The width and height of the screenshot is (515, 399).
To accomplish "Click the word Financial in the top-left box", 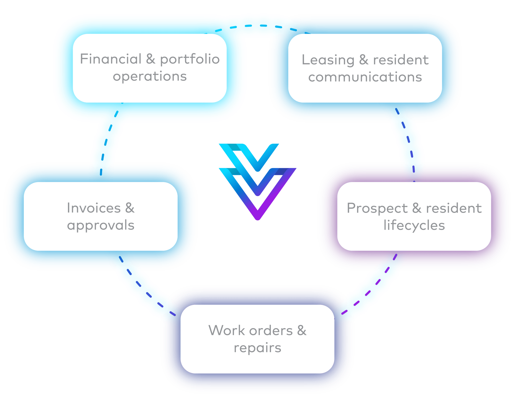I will click(111, 59).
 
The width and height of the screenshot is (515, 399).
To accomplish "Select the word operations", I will click(150, 76).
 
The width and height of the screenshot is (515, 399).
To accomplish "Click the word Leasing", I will click(328, 60).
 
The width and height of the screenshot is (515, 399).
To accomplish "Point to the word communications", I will click(365, 77).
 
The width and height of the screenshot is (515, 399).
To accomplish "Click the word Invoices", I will click(94, 208).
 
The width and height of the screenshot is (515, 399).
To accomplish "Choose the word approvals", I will click(101, 226).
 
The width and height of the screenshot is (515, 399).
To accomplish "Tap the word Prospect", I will click(377, 208).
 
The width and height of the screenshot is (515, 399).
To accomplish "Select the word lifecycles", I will click(414, 226).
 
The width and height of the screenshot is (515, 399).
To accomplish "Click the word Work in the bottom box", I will click(223, 330).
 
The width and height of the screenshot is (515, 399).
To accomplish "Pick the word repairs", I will click(257, 348).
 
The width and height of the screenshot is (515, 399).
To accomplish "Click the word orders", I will click(268, 330).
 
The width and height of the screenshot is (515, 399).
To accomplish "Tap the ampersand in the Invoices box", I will click(130, 208).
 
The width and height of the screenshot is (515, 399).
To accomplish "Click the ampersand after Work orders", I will click(302, 330).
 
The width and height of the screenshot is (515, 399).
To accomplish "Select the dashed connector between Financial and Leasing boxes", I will click(257, 26).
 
